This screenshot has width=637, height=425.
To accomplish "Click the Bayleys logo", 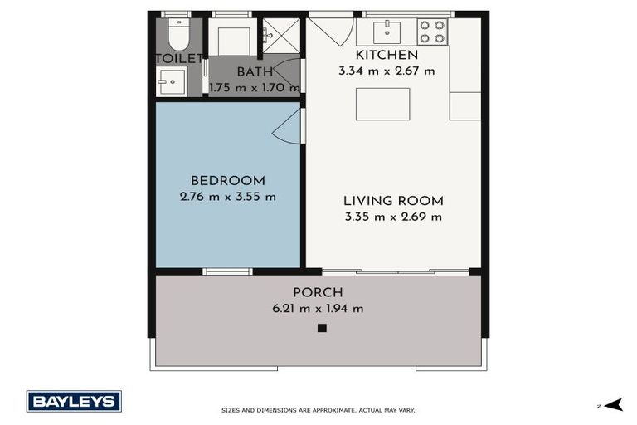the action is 74,402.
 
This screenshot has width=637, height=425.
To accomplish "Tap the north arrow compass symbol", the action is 614,405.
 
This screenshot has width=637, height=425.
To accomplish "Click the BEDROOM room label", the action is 228,181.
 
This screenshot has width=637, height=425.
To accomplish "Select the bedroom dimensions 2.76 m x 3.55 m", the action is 228,197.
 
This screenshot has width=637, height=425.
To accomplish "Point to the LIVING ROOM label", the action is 393,201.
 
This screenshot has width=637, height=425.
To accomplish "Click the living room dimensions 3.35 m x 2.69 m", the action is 393,217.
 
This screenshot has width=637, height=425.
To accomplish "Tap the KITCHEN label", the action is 387,55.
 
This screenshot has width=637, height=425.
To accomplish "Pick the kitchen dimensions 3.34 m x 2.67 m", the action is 387,71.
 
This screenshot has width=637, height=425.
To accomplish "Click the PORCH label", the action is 318,292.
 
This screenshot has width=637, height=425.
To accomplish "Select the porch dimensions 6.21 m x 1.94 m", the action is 318,309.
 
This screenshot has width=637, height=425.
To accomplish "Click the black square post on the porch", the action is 322,328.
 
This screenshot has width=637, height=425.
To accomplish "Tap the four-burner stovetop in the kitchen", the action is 432,32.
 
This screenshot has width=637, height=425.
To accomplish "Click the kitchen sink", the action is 387,32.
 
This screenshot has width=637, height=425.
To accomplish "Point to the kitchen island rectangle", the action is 382,104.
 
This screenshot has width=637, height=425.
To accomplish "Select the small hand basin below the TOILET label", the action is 172,81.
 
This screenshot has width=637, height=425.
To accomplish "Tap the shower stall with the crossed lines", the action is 281,36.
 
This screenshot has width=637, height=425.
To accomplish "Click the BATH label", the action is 255,71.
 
